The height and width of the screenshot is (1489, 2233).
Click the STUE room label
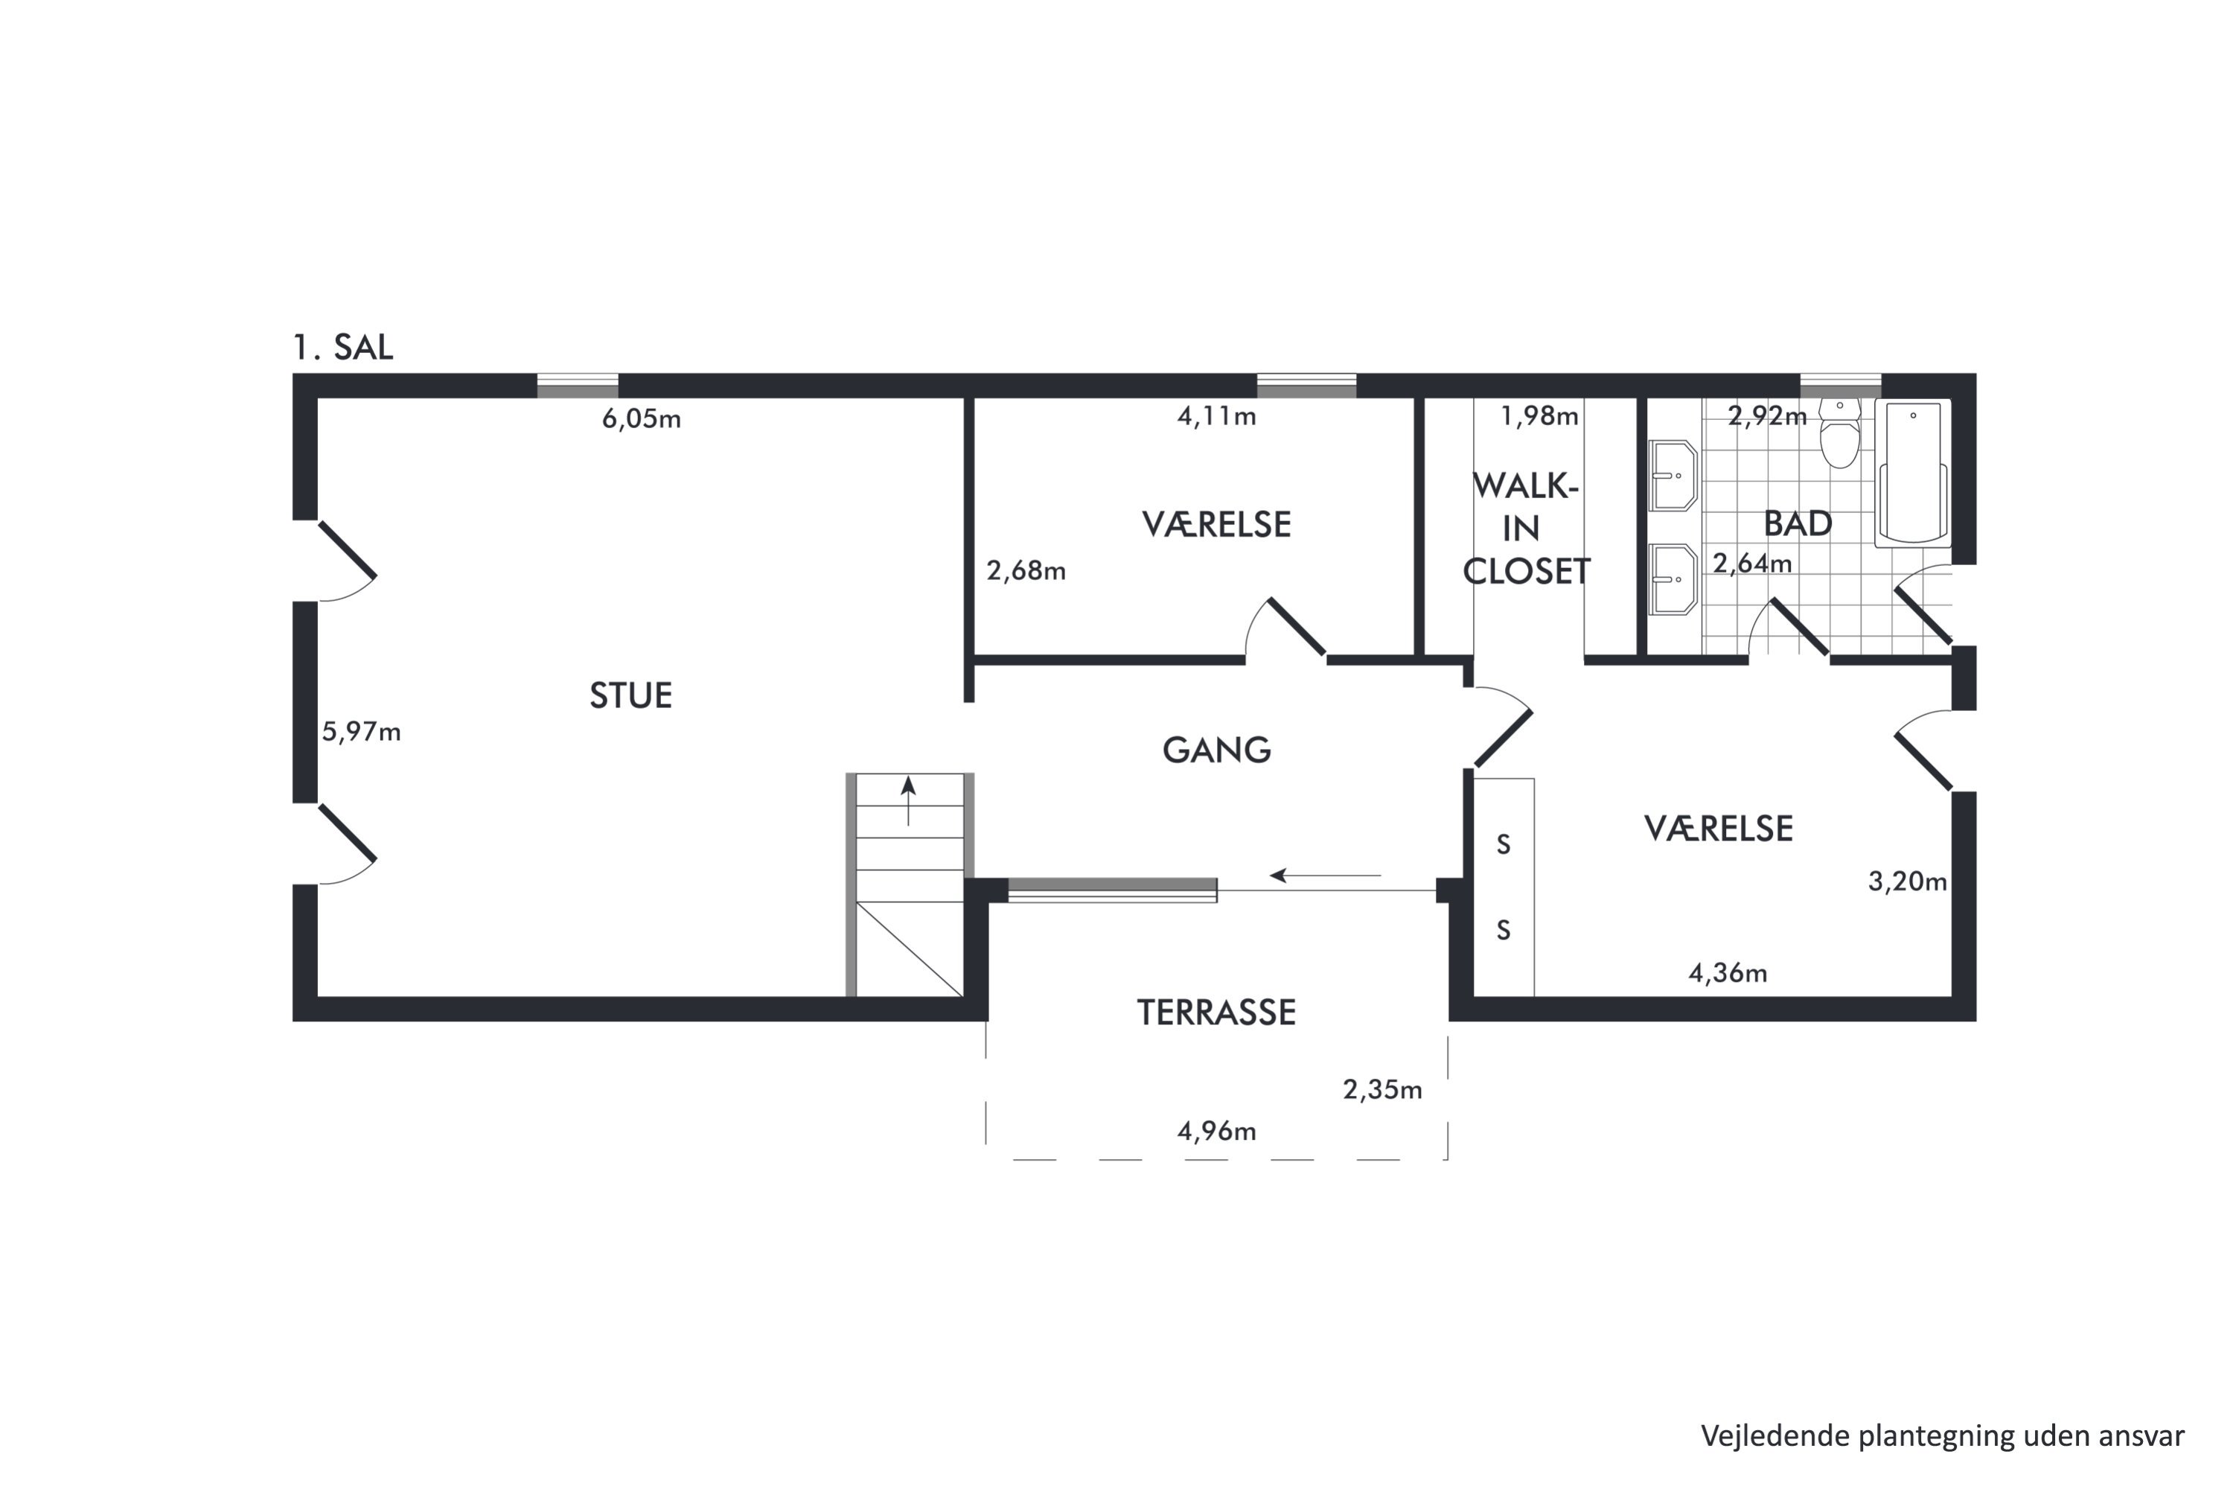pos(630,696)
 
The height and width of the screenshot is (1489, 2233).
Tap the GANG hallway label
pos(1216,750)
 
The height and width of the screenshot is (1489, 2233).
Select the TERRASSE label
pos(1216,1013)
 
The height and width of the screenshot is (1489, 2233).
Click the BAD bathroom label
pos(1798,524)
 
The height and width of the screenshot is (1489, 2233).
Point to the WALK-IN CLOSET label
pos(1526,529)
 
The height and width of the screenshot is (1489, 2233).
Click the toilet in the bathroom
pos(1840,435)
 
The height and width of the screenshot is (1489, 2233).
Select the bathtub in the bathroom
pos(1913,473)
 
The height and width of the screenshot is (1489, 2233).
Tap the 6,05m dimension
pos(641,418)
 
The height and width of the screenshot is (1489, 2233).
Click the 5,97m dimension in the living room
pos(361,731)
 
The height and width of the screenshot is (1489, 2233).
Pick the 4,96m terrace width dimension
pos(1216,1131)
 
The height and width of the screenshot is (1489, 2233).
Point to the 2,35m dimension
pos(1382,1090)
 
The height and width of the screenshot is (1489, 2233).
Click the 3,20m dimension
pos(1907,882)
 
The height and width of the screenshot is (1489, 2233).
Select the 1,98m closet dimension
pos(1539,416)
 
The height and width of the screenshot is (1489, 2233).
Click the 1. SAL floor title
pos(342,348)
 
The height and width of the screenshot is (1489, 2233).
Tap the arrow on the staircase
pos(909,800)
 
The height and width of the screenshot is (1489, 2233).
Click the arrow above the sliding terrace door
pos(1326,876)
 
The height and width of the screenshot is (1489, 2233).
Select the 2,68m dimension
pos(1026,571)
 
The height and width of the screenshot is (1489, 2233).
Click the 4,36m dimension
pos(1727,973)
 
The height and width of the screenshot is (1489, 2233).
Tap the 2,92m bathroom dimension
pos(1767,416)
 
